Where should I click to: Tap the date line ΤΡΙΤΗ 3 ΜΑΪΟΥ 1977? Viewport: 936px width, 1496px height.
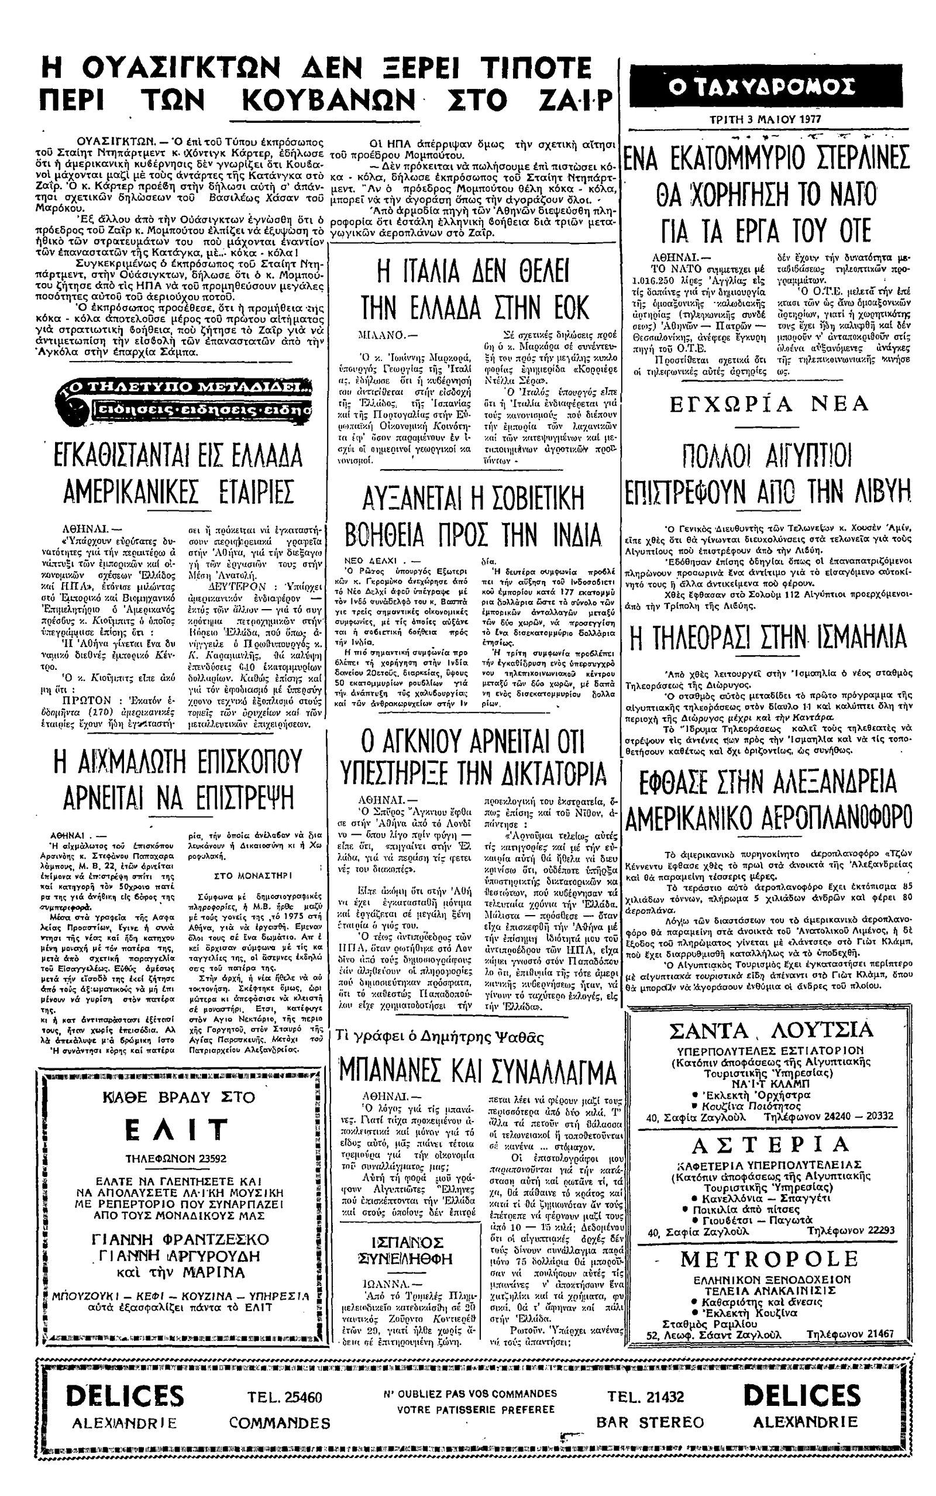tap(768, 119)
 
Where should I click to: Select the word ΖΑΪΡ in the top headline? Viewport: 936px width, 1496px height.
tap(573, 99)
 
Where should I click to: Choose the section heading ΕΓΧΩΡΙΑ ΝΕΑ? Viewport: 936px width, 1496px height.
tap(769, 404)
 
